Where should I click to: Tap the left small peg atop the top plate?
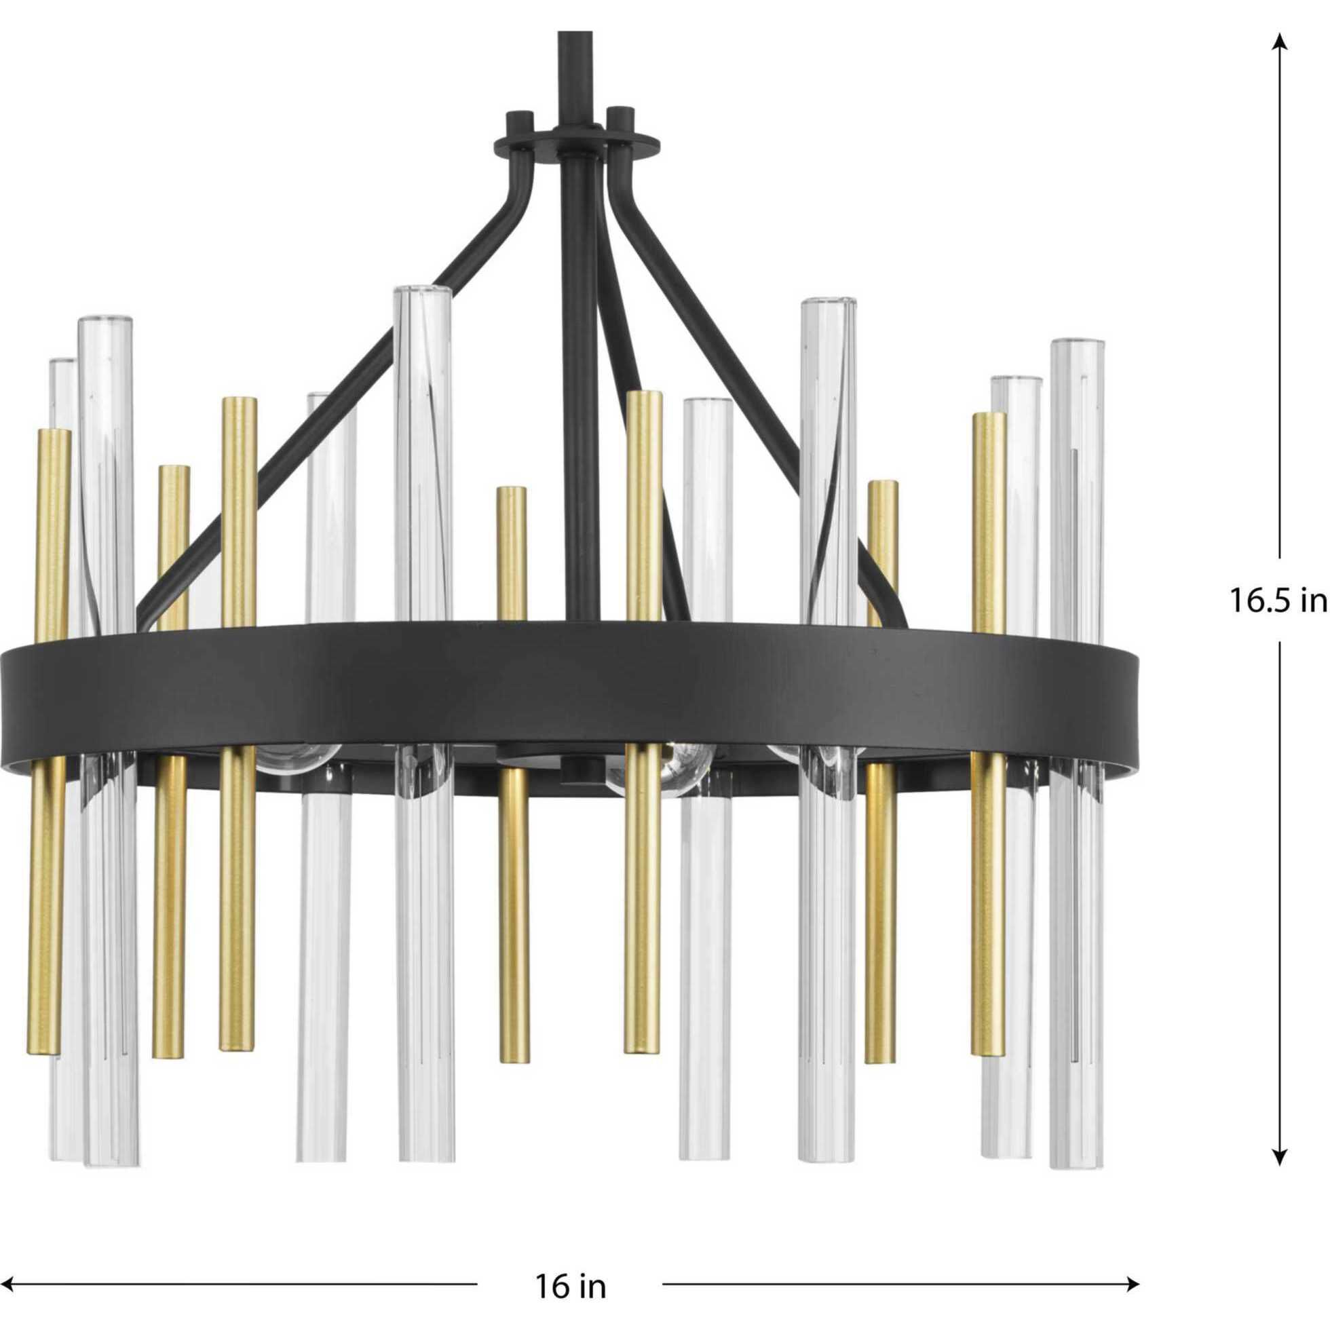pos(518,121)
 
